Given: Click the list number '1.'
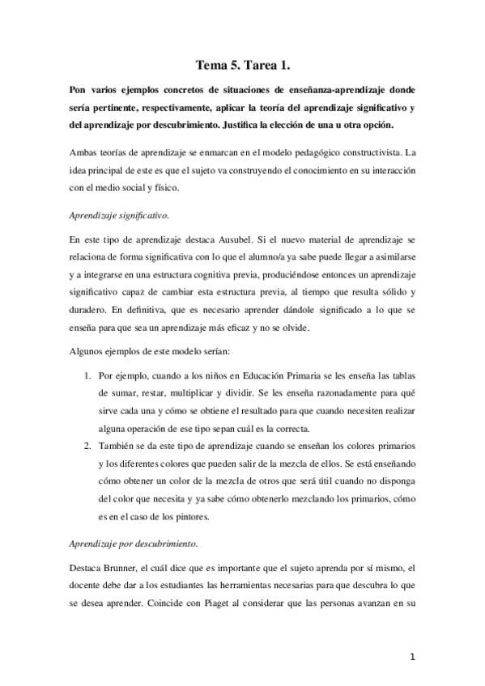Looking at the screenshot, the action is [89, 377].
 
